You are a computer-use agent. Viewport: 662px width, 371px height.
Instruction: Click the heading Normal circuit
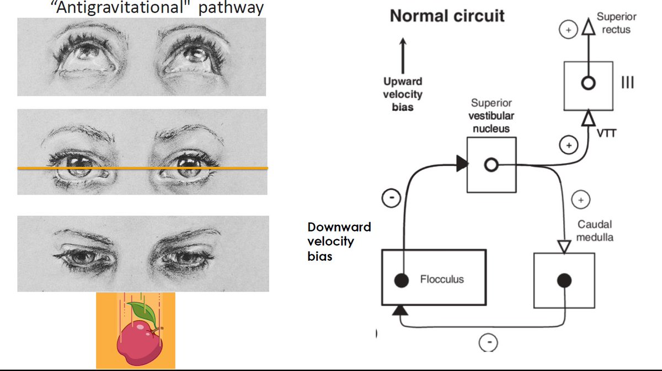[x=447, y=16]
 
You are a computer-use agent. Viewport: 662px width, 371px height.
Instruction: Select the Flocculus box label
[x=442, y=279]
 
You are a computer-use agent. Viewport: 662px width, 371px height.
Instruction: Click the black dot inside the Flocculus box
[x=402, y=280]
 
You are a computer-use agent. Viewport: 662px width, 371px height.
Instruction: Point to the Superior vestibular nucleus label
[x=491, y=116]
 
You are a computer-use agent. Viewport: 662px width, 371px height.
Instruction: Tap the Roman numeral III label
[x=627, y=83]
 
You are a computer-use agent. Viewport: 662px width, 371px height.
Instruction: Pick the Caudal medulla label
[x=595, y=231]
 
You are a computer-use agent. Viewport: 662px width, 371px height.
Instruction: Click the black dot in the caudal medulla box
[x=563, y=281]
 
